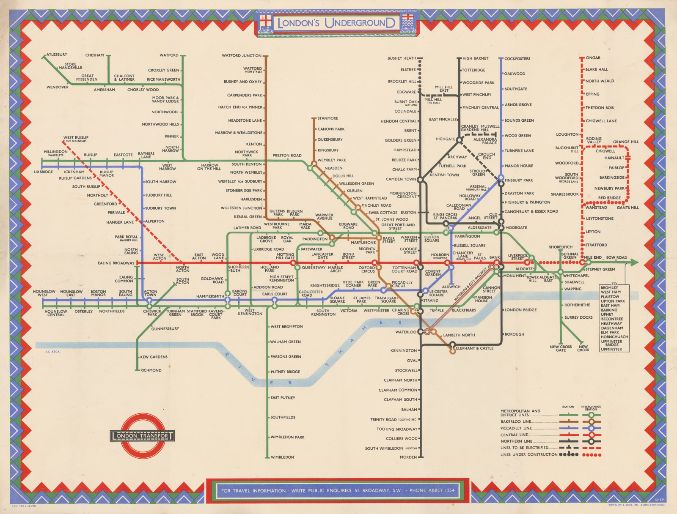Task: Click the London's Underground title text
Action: [x=336, y=23]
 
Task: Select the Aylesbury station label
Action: [x=57, y=55]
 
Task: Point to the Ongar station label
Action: [x=593, y=58]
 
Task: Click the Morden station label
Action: [x=408, y=457]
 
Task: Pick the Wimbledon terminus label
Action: [x=282, y=457]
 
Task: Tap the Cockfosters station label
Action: [x=517, y=59]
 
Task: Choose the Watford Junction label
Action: [x=242, y=56]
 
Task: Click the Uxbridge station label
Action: [x=44, y=172]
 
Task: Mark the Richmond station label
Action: [x=151, y=370]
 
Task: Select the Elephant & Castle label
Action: [x=474, y=348]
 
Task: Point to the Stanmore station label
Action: [x=327, y=118]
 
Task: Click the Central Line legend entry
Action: [x=515, y=435]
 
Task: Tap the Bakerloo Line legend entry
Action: [x=516, y=421]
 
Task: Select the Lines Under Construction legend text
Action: [x=529, y=454]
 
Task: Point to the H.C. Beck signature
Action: [x=52, y=352]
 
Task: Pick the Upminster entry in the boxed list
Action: [x=611, y=349]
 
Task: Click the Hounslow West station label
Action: [x=44, y=293]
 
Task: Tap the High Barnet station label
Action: [x=475, y=59]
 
